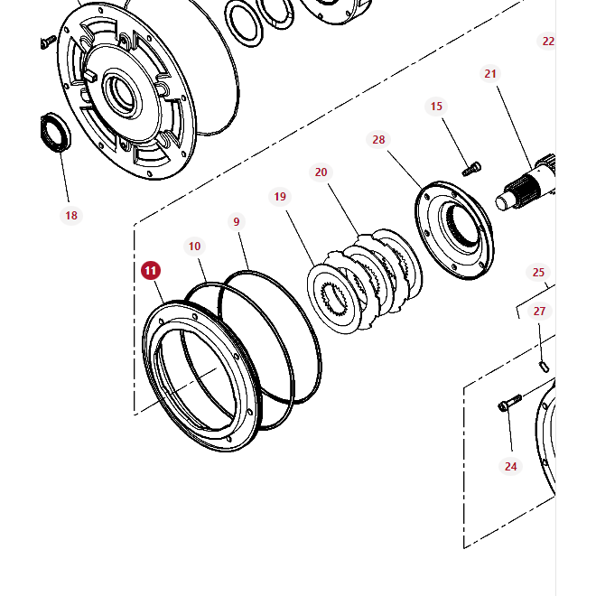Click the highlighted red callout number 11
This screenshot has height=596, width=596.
[x=151, y=270]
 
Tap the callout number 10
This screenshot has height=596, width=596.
[x=194, y=246]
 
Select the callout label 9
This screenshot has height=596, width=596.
[x=237, y=221]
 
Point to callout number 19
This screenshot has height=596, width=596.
[x=280, y=196]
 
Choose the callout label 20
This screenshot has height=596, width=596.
[x=321, y=172]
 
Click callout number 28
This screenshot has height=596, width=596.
[x=378, y=140]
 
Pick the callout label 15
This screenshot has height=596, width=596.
[x=437, y=107]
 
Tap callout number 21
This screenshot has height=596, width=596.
[x=490, y=74]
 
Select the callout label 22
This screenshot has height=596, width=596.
[x=548, y=42]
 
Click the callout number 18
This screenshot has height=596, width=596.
[x=71, y=215]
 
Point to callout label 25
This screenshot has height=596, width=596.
[x=538, y=272]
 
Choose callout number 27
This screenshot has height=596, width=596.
[x=539, y=311]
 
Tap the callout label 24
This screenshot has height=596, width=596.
[x=511, y=466]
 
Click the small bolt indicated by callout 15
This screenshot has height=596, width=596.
[x=471, y=168]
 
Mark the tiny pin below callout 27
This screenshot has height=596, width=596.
[x=544, y=365]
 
